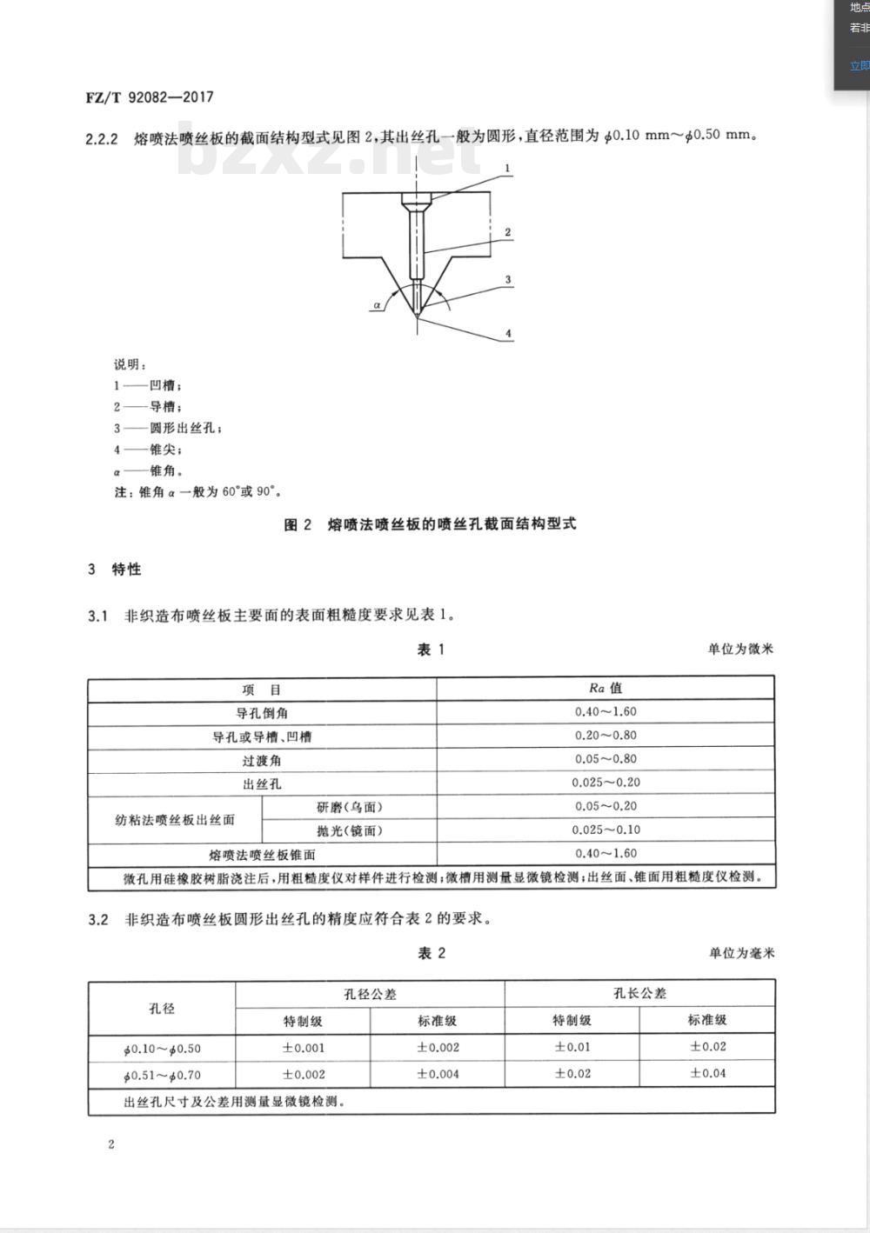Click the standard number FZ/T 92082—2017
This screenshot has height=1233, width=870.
click(x=149, y=97)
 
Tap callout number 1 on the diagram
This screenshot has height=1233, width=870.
click(x=508, y=169)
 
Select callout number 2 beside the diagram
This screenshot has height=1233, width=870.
click(x=508, y=232)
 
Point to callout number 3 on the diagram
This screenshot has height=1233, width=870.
click(x=508, y=280)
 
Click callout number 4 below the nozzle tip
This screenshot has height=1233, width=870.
click(x=508, y=333)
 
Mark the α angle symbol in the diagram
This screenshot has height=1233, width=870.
click(x=377, y=305)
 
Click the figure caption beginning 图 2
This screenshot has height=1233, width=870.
click(x=431, y=524)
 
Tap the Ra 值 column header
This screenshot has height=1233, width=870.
click(x=606, y=688)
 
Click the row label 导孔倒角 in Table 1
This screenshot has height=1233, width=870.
click(x=262, y=713)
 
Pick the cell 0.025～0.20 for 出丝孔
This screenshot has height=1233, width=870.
click(x=606, y=783)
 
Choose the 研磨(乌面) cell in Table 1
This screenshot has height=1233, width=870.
click(x=349, y=807)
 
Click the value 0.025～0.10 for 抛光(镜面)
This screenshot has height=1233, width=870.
click(x=606, y=830)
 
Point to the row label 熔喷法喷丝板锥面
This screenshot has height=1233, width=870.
click(x=262, y=854)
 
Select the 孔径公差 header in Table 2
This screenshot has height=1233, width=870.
click(x=370, y=994)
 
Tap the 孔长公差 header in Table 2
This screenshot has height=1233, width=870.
click(x=639, y=993)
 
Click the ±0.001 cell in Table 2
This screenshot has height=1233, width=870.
click(x=303, y=1048)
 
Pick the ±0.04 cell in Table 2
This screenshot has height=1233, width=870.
click(x=707, y=1073)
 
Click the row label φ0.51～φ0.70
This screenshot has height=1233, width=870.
click(x=162, y=1075)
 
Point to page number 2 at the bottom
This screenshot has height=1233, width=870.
click(x=111, y=1144)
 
